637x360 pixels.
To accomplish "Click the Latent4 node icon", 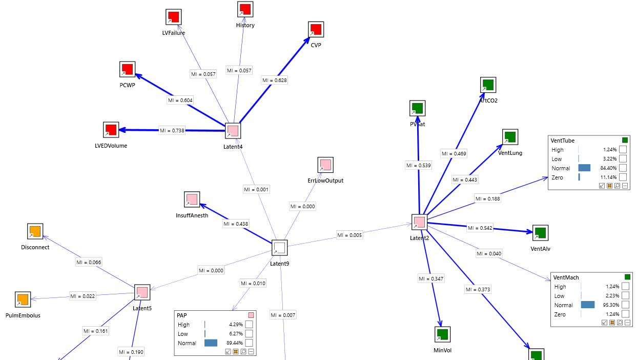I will coord(233,131).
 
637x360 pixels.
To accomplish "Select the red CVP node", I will coord(316,29).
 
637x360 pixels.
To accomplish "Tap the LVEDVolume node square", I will coord(111,130).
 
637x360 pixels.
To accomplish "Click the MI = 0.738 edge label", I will coord(172,130).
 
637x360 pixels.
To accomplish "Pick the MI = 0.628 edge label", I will coord(274,80).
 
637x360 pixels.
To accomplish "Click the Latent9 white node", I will coord(279,248).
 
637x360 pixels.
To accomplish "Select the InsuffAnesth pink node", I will coord(192,199).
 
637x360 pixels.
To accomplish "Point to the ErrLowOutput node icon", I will coord(325,165).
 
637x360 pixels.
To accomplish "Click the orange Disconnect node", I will coord(35,231).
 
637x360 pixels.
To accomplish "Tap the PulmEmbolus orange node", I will coord(23,299).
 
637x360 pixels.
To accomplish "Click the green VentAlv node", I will coord(540,233).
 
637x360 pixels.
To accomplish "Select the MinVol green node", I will coord(442,334).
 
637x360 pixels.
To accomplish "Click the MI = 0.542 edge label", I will coord(480,228).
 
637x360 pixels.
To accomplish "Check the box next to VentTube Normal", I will coord(623,168).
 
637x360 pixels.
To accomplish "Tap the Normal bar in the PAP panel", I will coord(211,343).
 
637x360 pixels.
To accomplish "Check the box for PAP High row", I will coord(249,325).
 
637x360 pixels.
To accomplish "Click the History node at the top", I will coord(245,9).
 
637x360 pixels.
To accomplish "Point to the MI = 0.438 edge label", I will coord(236,224).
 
